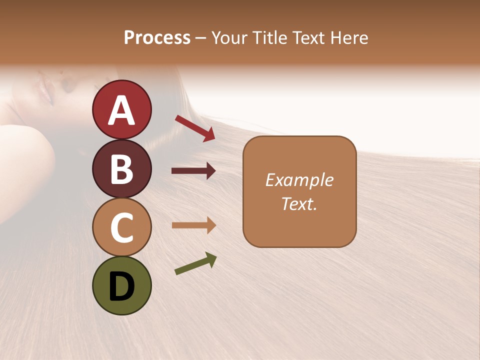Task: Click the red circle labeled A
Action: [121, 109]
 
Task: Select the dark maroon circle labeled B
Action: [121, 168]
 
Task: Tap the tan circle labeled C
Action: [121, 227]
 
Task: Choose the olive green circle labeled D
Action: [121, 285]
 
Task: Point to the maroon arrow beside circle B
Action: [193, 171]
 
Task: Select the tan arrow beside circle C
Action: [193, 225]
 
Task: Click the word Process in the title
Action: [157, 38]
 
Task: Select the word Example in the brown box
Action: [299, 180]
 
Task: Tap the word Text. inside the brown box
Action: [299, 203]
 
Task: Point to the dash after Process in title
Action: [201, 38]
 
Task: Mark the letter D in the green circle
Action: [121, 286]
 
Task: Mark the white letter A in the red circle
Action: [121, 110]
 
